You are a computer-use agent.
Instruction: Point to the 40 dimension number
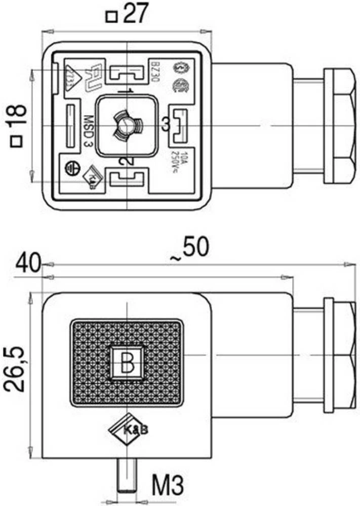coord(28,264)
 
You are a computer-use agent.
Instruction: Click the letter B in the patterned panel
coord(127,361)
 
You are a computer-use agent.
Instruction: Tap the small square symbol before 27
coord(111,18)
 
